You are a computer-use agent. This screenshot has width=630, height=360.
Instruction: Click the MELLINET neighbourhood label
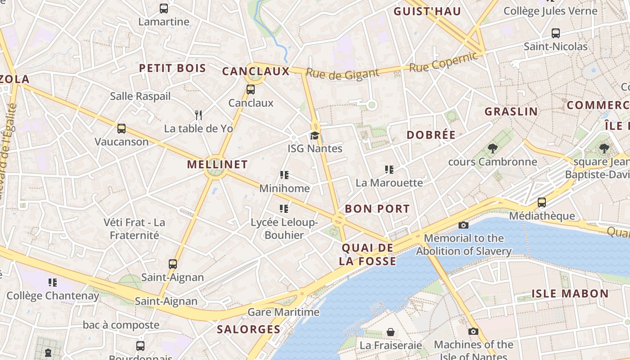(217, 165)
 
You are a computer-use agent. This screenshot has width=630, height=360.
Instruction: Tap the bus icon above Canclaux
(251, 90)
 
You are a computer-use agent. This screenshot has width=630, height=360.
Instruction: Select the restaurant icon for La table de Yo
(198, 115)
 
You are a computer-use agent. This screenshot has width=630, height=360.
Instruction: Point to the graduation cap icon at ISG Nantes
(315, 135)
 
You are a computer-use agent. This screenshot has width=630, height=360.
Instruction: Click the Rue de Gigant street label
(342, 74)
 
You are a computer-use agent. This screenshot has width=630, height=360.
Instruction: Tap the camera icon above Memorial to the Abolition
(463, 225)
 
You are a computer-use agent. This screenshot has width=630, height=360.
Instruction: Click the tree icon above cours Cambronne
(492, 148)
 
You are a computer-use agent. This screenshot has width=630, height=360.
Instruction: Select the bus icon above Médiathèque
(542, 202)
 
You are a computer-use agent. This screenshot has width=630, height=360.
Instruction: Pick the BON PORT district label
(377, 209)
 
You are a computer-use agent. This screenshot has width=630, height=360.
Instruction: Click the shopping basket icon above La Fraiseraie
(391, 332)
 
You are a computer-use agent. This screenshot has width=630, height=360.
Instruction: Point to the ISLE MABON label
(570, 294)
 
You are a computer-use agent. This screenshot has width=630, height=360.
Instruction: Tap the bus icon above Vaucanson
(121, 129)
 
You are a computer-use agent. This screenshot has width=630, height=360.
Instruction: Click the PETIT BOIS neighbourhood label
(172, 68)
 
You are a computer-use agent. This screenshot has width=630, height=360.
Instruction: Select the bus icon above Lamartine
(164, 8)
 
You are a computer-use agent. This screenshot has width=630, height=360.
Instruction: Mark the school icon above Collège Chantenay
(53, 283)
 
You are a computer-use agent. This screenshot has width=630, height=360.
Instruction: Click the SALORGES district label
(249, 329)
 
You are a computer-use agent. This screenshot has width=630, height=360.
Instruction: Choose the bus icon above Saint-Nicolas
(556, 33)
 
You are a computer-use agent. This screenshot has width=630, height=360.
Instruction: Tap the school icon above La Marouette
(389, 170)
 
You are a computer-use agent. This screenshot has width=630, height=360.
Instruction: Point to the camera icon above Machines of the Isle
(473, 332)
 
